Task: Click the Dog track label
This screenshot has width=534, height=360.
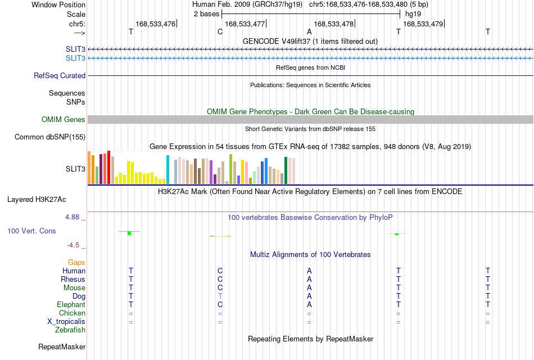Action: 79,296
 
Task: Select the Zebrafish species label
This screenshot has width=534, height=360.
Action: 70,330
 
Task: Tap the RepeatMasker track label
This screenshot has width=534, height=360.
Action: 62,346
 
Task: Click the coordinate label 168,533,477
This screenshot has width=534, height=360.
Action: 245,24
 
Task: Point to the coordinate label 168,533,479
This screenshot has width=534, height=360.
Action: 423,24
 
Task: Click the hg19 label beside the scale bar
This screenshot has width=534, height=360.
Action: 413,14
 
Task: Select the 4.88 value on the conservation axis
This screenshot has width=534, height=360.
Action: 72,217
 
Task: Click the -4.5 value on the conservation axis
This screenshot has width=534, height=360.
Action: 73,245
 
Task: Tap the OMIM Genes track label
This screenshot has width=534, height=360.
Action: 64,119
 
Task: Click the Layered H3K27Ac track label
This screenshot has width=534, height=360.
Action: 37,200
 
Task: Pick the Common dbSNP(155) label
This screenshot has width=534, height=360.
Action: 50,137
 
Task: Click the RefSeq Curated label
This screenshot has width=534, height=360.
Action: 60,76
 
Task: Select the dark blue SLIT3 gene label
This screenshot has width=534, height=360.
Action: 76,49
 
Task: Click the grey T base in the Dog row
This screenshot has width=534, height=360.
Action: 220,296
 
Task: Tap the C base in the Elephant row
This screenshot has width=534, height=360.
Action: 220,304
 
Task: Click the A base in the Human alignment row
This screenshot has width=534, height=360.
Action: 309,271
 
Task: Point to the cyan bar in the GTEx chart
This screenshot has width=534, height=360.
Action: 168,169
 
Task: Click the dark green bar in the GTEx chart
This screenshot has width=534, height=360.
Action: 286,170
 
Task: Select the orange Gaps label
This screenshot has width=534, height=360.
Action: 76,263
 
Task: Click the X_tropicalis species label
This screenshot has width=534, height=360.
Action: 66,322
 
